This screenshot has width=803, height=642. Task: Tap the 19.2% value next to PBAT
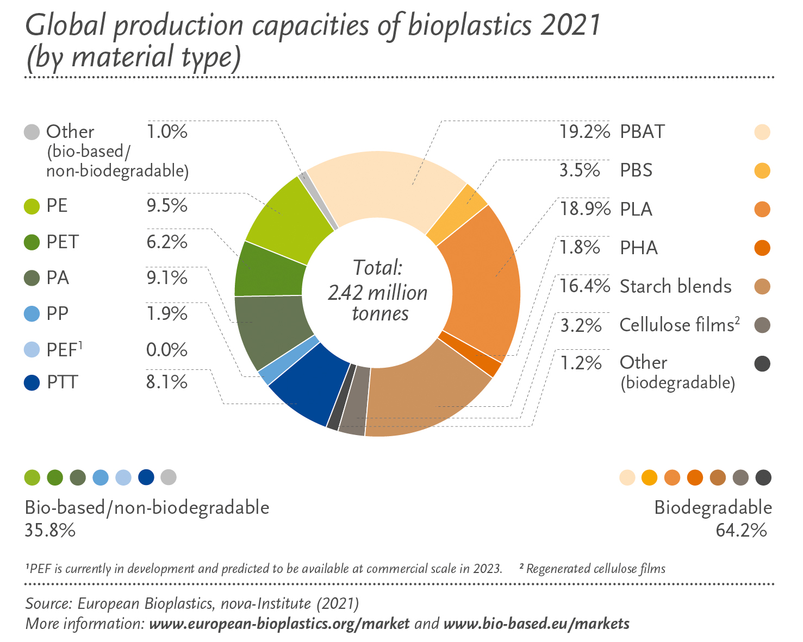pyautogui.click(x=584, y=132)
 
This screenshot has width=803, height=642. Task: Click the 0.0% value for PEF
pyautogui.click(x=166, y=349)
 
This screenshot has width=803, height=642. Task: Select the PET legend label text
pyautogui.click(x=63, y=242)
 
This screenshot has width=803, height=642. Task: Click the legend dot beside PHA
pyautogui.click(x=762, y=248)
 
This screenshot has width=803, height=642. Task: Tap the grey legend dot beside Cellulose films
pyautogui.click(x=762, y=325)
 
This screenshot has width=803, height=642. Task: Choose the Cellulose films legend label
pyautogui.click(x=680, y=325)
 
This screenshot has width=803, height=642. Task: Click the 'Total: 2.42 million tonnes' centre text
pyautogui.click(x=378, y=291)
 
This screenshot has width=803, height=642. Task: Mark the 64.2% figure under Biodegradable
pyautogui.click(x=740, y=530)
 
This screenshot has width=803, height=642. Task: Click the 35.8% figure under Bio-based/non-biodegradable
pyautogui.click(x=50, y=530)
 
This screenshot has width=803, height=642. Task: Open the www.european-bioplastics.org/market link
pyautogui.click(x=279, y=623)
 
